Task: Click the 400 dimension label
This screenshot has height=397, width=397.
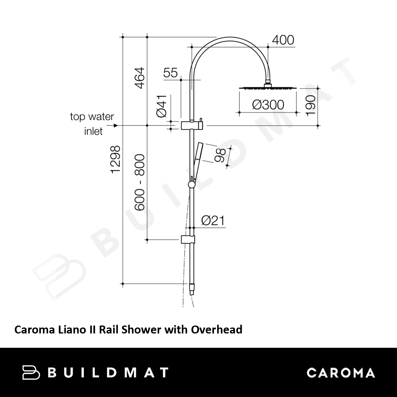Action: coord(283,40)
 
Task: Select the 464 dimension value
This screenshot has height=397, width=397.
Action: coord(139,78)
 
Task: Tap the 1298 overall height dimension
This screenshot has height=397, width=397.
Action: coord(116,160)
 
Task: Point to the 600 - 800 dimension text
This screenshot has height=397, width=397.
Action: coord(139,182)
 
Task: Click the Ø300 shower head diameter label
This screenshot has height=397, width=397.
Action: coord(268,105)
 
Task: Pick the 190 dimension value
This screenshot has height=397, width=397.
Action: coord(311,106)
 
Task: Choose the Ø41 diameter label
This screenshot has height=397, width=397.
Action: coord(162,106)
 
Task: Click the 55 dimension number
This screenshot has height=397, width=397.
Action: coord(170,73)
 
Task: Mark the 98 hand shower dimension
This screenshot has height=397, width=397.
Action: coord(220,155)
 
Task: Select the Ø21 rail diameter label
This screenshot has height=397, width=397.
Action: coord(213,220)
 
